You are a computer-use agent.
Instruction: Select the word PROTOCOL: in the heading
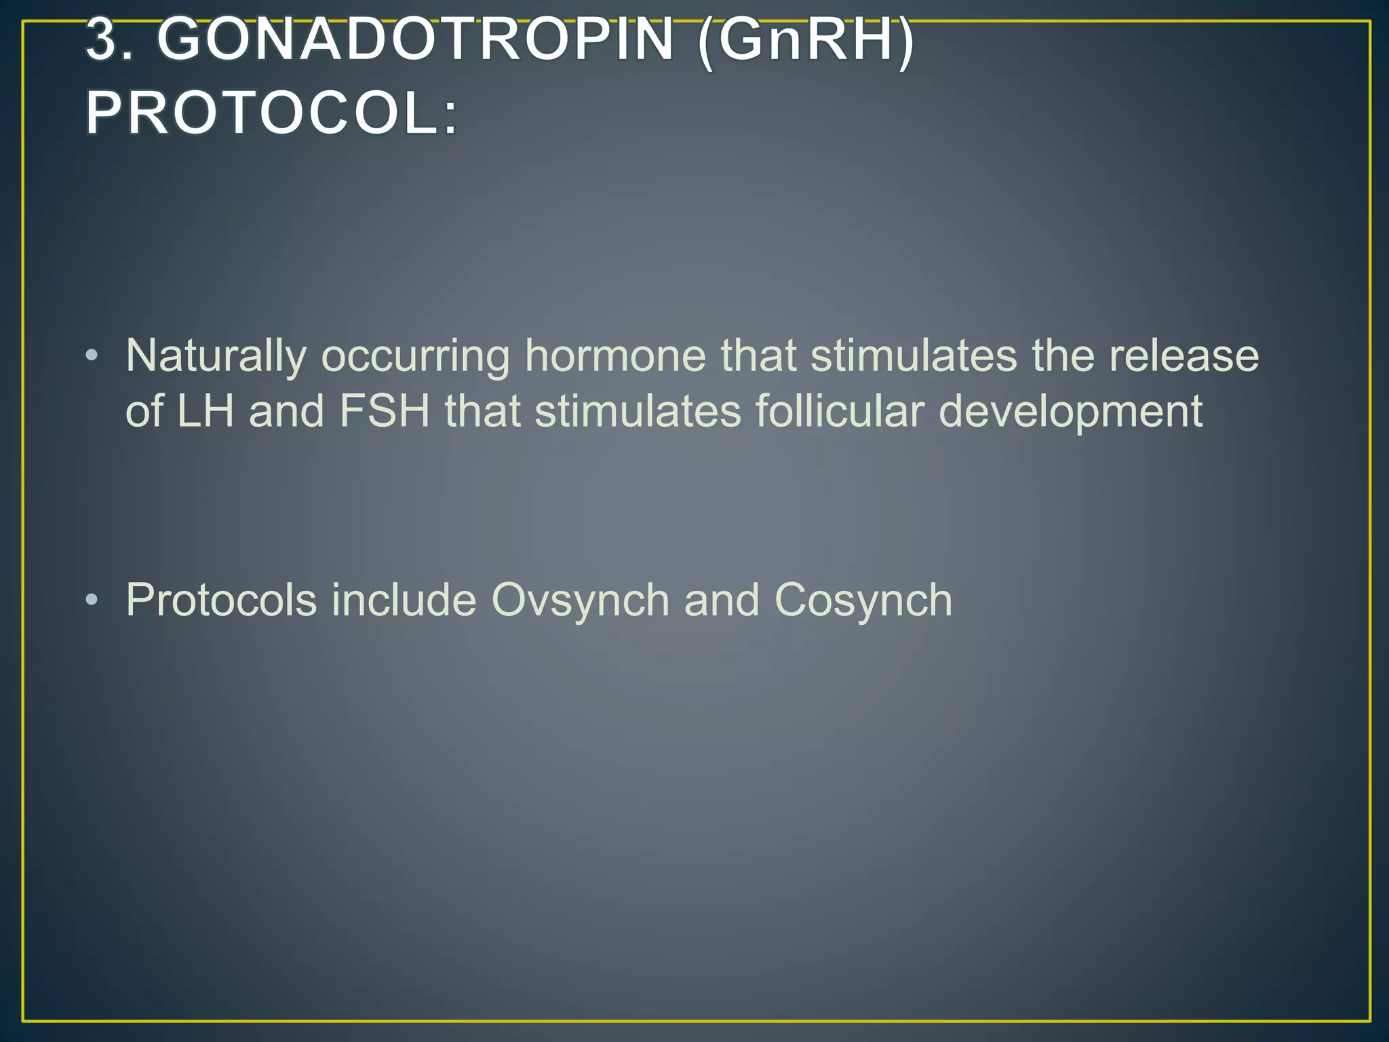click(x=272, y=113)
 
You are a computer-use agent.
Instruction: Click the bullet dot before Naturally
click(x=92, y=355)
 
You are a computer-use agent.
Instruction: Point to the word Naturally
click(x=216, y=355)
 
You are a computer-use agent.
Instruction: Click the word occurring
click(x=415, y=355)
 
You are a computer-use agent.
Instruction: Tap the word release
click(x=1183, y=355)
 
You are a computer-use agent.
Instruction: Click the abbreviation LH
click(x=206, y=411)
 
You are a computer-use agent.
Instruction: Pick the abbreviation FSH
click(x=385, y=411)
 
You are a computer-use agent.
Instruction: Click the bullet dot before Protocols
click(x=92, y=600)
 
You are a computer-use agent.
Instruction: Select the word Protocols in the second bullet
click(x=221, y=600)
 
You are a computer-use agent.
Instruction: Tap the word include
click(x=404, y=600)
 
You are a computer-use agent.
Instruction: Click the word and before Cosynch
click(x=722, y=600)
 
